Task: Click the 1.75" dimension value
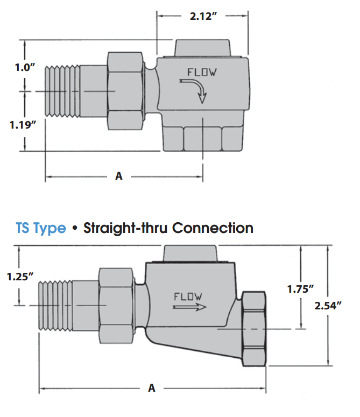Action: [x=300, y=288]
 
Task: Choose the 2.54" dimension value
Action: [x=329, y=305]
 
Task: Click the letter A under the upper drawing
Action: [x=119, y=176]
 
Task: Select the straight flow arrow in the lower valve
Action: [x=190, y=308]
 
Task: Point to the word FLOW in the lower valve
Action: [x=188, y=296]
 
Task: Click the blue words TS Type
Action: [x=41, y=228]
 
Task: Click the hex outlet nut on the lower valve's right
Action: [x=255, y=328]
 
